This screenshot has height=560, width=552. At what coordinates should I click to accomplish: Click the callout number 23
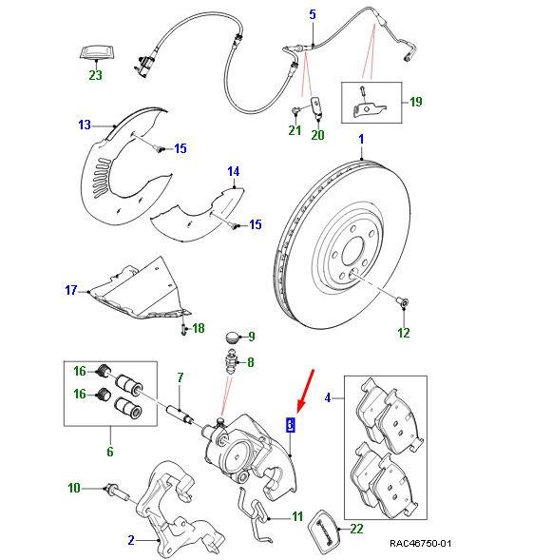tap(95, 75)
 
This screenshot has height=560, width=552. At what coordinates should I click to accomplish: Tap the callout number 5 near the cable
tap(313, 14)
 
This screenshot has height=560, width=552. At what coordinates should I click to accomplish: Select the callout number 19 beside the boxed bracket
tap(416, 102)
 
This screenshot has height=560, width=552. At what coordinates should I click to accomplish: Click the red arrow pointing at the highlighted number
tap(305, 391)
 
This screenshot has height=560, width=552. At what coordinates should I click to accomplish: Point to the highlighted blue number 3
tap(291, 424)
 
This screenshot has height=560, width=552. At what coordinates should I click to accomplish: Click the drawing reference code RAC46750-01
tap(420, 544)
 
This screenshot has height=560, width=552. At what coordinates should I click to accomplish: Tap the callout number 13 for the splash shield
tap(85, 125)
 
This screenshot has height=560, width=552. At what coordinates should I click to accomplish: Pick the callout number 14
tap(234, 171)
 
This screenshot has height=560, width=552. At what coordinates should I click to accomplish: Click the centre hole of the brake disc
tap(352, 251)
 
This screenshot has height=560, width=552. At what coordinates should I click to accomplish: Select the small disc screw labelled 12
tap(404, 303)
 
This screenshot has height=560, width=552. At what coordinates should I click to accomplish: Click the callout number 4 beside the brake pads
tap(328, 397)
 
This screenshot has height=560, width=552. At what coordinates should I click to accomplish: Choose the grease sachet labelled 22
tap(323, 528)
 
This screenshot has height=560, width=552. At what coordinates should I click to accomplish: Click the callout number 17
tap(71, 290)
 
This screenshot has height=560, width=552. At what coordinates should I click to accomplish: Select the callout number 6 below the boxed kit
tap(110, 452)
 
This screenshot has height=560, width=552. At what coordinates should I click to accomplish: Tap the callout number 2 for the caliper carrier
tap(131, 540)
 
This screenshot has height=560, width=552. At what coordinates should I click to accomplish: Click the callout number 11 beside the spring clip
tap(297, 517)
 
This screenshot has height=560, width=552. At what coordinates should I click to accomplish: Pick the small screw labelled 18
tap(183, 329)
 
